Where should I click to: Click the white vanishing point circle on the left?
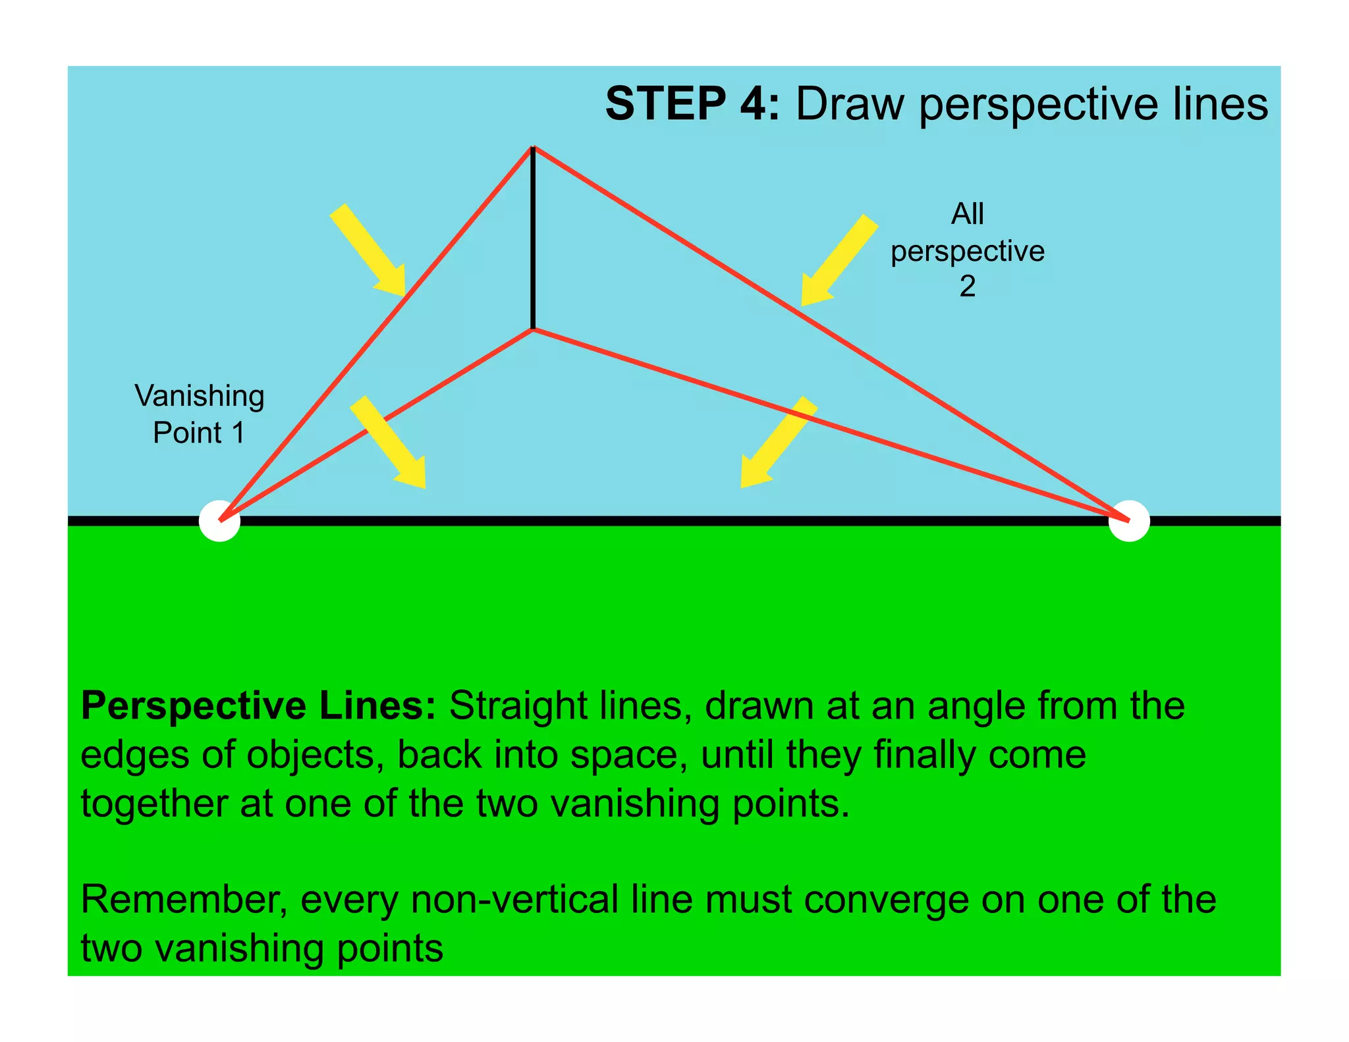pos(219,521)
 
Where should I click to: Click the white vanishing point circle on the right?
pos(1129,521)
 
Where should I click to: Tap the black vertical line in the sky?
pos(533,237)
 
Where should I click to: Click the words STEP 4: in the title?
pos(692,104)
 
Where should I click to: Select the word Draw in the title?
pos(850,104)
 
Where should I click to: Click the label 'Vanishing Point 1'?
pos(199,414)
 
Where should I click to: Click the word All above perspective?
pos(967,214)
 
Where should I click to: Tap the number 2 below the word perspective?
pos(967,287)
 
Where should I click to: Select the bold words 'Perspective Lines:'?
pos(258,706)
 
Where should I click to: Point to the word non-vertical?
pos(515,900)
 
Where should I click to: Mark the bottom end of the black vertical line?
pos(533,327)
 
